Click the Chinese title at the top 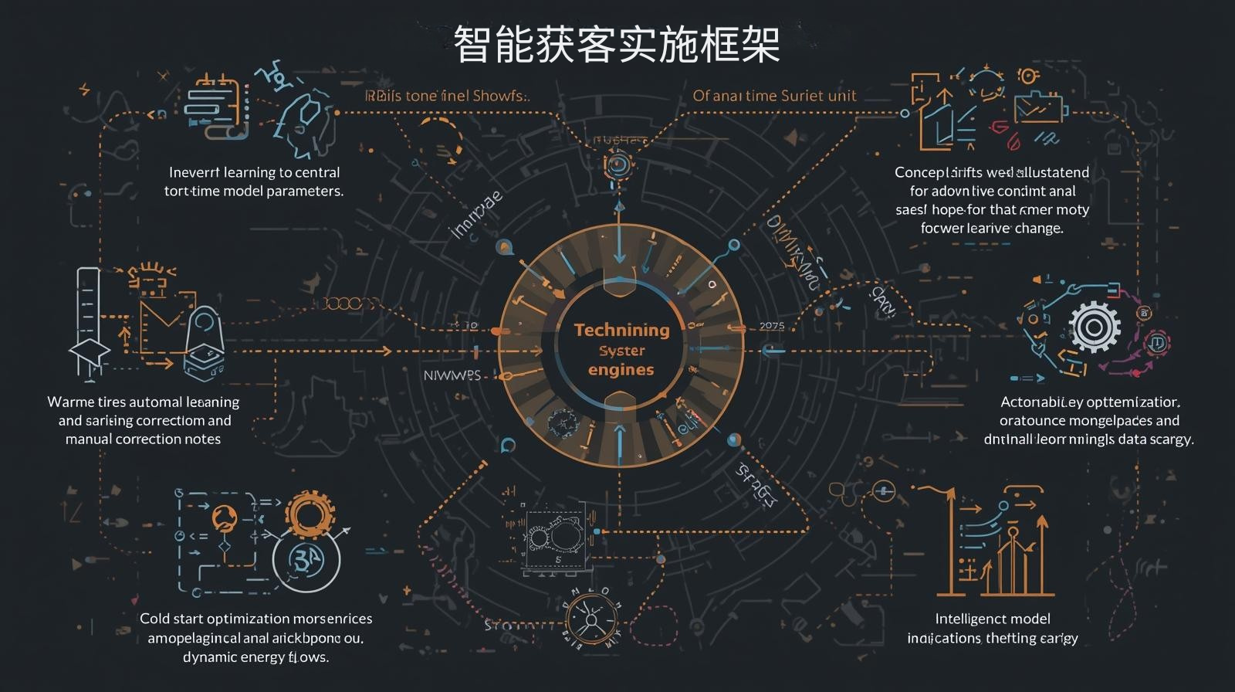click(x=616, y=44)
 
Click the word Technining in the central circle click(x=621, y=330)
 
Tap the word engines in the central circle click(x=621, y=369)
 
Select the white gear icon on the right click(x=1093, y=327)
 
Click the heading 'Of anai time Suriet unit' click(x=774, y=96)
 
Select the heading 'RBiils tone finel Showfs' click(x=447, y=97)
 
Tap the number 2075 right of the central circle click(x=772, y=326)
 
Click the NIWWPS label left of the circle click(x=452, y=375)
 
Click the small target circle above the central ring click(x=617, y=164)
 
